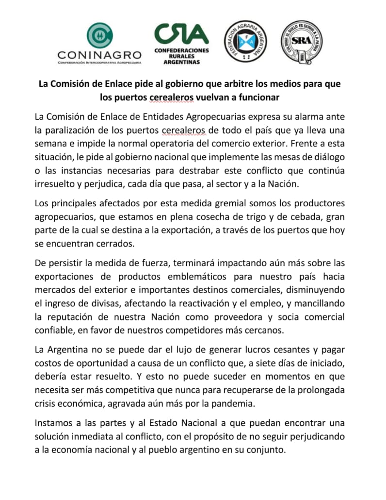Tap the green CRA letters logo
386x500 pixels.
coord(181,34)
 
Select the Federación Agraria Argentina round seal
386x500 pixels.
coord(245,41)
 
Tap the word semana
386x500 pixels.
coord(50,144)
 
